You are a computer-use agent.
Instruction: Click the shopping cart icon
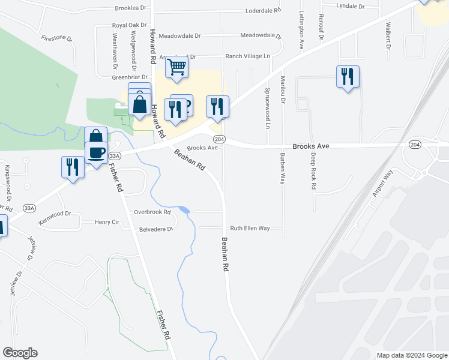click(x=177, y=68)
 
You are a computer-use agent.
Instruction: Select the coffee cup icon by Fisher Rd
click(x=96, y=152)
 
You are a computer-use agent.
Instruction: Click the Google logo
click(x=20, y=353)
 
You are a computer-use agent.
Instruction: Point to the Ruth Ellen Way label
click(x=250, y=229)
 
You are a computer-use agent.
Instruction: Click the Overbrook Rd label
click(x=152, y=212)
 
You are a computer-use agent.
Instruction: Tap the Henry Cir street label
click(x=107, y=222)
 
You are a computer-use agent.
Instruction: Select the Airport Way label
click(x=382, y=182)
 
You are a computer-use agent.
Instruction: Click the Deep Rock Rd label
click(x=313, y=171)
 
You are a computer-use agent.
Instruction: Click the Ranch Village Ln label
click(x=248, y=56)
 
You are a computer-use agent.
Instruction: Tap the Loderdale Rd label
click(x=264, y=11)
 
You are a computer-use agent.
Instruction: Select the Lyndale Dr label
click(x=351, y=5)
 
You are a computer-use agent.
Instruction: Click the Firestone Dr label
click(x=56, y=38)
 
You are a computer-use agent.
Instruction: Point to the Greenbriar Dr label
click(x=130, y=77)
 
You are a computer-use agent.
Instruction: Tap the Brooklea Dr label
click(x=131, y=8)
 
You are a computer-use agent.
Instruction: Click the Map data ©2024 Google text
click(x=411, y=355)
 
